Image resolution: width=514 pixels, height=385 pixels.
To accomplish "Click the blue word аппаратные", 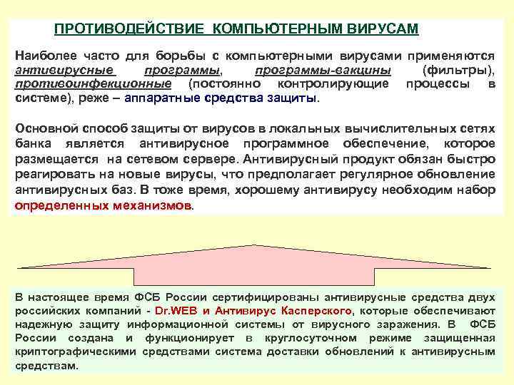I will click(159, 98).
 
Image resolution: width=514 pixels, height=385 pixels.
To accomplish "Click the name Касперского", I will click(315, 312).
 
